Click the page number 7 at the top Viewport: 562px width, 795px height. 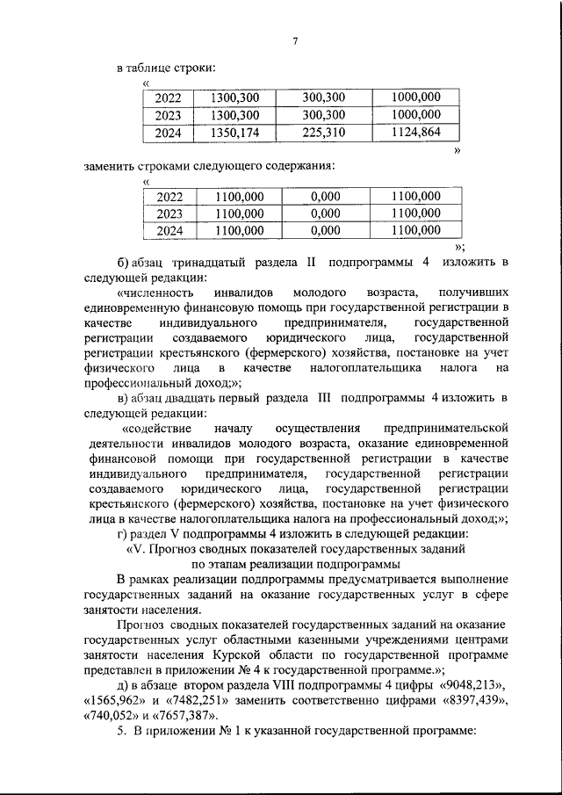296,40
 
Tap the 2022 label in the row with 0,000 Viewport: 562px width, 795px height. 168,196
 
